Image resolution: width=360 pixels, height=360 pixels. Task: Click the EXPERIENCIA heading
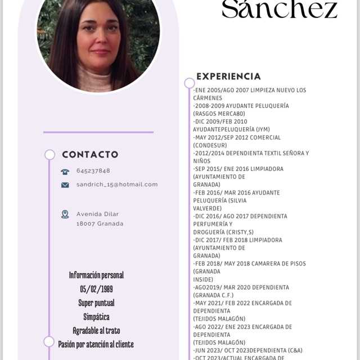coord(228,76)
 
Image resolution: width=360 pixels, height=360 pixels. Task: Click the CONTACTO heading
coord(90,154)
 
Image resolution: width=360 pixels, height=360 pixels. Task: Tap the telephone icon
coord(65,172)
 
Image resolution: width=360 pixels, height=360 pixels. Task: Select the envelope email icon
coord(65,184)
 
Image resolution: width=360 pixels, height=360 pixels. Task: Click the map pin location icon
coord(65,214)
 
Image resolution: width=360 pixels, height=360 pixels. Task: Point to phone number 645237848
coord(93,171)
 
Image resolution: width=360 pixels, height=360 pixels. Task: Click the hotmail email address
coord(117,184)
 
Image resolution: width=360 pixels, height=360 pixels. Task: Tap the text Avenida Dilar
coord(98,214)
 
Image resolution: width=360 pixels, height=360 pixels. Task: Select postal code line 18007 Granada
coord(100,223)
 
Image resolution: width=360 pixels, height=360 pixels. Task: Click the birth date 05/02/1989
coord(96,289)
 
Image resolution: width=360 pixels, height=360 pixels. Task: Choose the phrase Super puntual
coord(96,303)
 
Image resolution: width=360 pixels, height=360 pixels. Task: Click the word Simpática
coord(96,317)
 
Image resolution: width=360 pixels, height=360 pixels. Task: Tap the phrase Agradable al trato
coord(96,330)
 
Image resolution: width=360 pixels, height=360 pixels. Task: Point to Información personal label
coord(96,275)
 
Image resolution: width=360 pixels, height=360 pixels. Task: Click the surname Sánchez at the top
coord(280,10)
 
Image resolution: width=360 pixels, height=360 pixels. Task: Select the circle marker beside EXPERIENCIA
coord(190,83)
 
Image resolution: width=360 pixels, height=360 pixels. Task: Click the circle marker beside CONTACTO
coord(49,155)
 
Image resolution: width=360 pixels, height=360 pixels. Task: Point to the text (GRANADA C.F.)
coord(213,295)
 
